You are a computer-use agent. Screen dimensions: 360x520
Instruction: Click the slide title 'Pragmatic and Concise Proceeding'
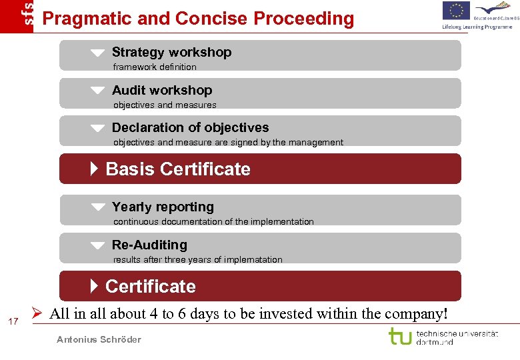click(198, 18)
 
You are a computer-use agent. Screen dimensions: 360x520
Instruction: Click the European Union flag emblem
click(456, 11)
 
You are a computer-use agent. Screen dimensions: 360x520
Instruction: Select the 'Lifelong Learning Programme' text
click(477, 27)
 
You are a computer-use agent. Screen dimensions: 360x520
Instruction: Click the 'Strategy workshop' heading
click(171, 52)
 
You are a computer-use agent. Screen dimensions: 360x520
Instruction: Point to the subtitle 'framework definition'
click(155, 67)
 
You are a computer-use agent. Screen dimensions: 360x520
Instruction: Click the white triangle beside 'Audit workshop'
click(98, 90)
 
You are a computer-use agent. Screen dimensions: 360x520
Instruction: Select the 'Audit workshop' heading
click(162, 90)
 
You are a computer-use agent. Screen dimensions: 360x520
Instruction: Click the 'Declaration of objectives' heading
click(190, 127)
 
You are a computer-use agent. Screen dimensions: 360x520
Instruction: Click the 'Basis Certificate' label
click(177, 169)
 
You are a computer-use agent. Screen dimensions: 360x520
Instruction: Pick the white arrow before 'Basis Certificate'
click(94, 169)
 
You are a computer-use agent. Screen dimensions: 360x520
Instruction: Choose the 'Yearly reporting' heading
click(163, 207)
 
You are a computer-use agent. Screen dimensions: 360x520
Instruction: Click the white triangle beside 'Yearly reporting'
click(98, 207)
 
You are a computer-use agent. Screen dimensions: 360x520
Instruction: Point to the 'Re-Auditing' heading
click(149, 245)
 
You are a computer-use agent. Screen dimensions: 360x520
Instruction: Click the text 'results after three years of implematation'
click(197, 259)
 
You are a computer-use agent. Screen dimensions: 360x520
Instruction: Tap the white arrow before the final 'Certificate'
click(94, 286)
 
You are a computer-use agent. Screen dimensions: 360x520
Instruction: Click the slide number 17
click(13, 323)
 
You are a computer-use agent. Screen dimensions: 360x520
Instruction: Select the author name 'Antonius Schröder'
click(99, 340)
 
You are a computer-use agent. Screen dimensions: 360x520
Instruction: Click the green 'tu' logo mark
click(400, 336)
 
